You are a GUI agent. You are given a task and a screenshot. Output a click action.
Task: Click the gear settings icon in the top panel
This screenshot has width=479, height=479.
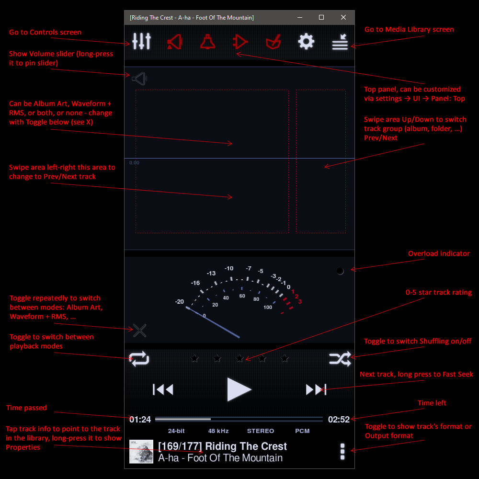(306, 42)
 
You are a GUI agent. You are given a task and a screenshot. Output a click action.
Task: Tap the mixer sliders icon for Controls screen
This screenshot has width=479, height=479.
(141, 41)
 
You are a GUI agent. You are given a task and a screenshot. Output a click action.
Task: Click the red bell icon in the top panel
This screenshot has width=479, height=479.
(207, 42)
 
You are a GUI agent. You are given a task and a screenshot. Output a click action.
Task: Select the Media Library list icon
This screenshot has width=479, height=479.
(340, 42)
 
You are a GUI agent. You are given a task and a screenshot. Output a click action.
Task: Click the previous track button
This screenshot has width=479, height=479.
(163, 389)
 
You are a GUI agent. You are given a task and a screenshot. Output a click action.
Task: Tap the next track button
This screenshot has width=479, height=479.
(316, 389)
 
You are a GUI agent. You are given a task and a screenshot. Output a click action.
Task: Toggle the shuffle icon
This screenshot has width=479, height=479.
(340, 359)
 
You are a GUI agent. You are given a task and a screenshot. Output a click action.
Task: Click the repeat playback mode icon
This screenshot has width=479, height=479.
(139, 359)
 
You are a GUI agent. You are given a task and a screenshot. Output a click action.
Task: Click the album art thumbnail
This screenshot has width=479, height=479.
(141, 452)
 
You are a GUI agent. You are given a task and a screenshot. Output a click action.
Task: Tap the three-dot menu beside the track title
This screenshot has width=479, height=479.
(342, 452)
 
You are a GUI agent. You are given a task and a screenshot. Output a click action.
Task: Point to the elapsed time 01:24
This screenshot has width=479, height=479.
(140, 420)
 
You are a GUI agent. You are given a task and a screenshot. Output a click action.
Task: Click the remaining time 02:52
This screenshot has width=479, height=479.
(339, 420)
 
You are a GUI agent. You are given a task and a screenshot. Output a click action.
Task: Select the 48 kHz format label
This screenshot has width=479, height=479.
(218, 431)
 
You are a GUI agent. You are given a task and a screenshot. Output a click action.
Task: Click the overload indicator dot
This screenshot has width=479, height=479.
(340, 271)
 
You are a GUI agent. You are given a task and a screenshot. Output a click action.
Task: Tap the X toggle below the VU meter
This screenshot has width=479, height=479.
(139, 331)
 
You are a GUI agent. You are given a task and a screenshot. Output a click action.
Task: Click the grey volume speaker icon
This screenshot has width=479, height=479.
(139, 79)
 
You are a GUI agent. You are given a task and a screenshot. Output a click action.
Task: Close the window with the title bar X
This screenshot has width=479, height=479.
(343, 17)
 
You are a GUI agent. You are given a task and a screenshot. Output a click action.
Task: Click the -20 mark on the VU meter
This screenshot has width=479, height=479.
(179, 301)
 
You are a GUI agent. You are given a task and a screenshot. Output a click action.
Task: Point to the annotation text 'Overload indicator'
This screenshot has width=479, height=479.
(439, 253)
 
